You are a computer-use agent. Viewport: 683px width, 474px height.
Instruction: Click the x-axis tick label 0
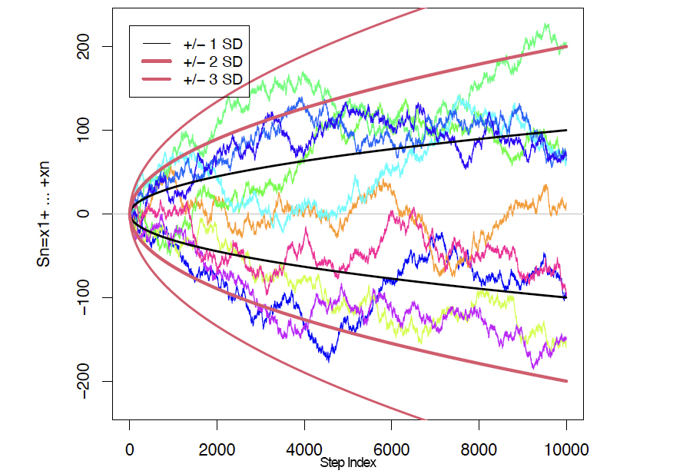click(130, 448)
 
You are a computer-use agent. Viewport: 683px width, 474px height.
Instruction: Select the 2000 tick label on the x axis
click(217, 448)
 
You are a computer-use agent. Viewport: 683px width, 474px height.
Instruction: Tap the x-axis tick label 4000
click(304, 448)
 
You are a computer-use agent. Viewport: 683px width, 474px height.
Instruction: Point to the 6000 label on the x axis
click(392, 448)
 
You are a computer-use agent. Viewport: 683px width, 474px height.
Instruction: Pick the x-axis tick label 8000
click(479, 448)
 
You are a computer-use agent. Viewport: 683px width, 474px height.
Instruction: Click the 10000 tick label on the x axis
click(566, 448)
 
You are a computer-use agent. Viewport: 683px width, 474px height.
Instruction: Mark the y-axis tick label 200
click(85, 46)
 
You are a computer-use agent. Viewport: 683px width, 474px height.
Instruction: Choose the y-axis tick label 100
click(85, 130)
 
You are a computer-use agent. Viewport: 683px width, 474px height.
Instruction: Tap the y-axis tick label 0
click(85, 214)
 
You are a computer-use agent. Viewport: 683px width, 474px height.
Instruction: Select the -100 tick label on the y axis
click(85, 297)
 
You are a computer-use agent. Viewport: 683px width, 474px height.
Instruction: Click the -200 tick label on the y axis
click(85, 381)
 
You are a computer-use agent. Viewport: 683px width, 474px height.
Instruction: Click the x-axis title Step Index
click(348, 463)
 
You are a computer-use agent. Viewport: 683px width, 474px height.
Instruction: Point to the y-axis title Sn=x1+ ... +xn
click(45, 214)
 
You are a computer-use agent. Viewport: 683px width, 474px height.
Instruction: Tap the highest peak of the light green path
click(546, 24)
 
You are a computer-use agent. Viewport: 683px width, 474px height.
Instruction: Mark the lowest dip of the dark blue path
click(329, 360)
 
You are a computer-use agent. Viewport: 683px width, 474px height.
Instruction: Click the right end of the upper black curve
click(566, 130)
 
